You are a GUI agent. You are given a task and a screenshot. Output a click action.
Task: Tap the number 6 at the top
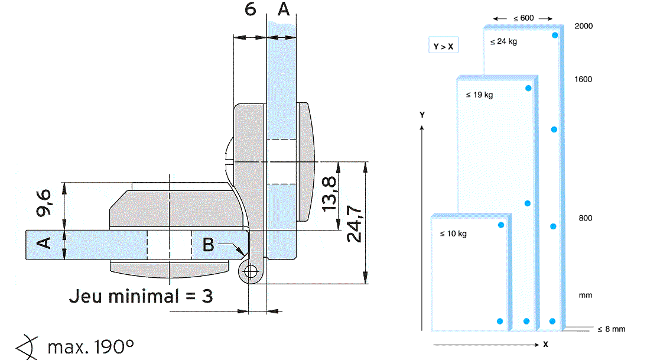251,11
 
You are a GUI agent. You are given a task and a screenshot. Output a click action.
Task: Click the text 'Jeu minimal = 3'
141,295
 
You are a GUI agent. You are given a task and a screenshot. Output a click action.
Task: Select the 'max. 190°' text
90,346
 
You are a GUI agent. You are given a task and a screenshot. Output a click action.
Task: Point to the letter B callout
208,244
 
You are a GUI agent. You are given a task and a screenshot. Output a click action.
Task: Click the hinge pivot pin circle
252,272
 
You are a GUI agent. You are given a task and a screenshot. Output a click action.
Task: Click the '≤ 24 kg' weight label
503,42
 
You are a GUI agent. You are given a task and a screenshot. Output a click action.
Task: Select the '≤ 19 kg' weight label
479,95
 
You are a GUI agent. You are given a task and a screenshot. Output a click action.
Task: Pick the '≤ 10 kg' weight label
453,233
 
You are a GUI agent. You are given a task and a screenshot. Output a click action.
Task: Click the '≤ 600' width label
523,18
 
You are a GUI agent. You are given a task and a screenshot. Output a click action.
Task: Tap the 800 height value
585,218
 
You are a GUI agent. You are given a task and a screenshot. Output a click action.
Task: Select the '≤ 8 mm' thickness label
611,329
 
